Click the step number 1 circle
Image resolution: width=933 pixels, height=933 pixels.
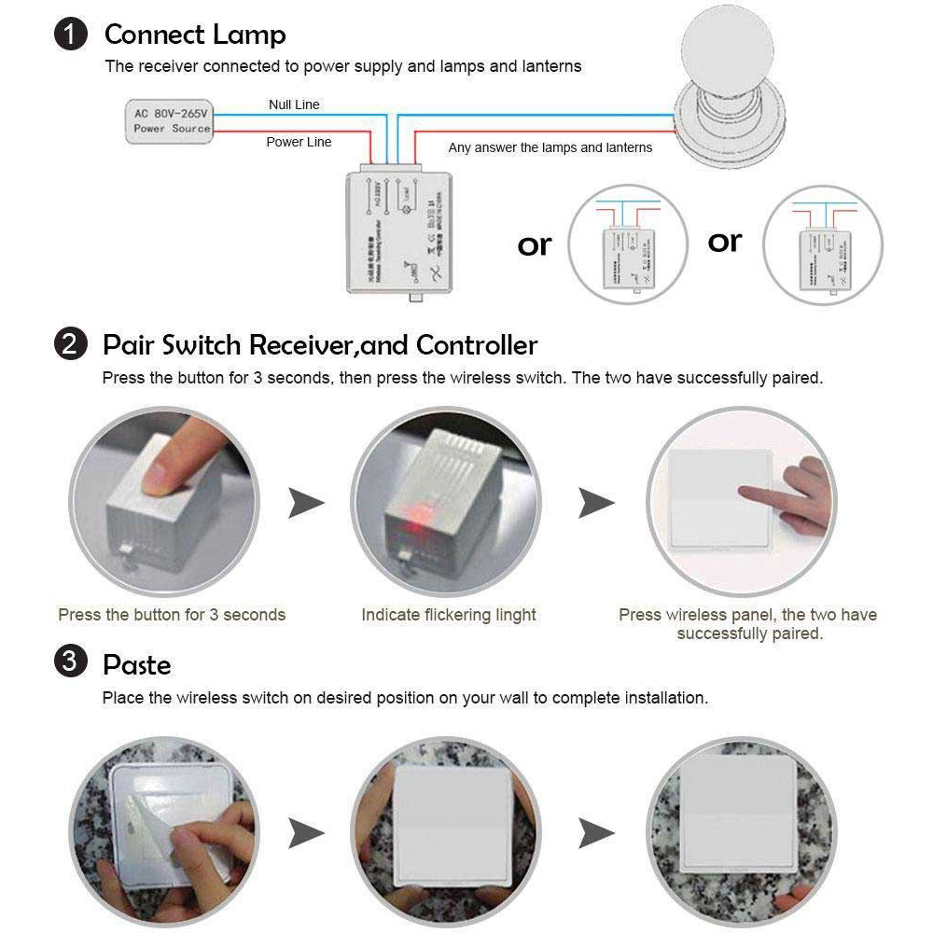click(x=71, y=35)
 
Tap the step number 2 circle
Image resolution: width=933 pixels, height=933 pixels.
click(x=71, y=345)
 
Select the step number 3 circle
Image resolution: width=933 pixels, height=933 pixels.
click(x=71, y=664)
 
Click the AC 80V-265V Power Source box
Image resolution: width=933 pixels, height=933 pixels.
click(x=171, y=121)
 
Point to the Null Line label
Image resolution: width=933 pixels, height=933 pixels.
click(x=294, y=104)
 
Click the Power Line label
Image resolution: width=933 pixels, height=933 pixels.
click(x=299, y=142)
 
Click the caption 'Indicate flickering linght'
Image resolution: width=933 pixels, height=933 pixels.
click(x=449, y=615)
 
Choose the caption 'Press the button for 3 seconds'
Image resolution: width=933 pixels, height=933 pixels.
click(x=172, y=615)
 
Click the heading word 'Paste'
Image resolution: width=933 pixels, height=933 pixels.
click(x=137, y=665)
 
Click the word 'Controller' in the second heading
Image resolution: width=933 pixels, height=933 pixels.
click(x=477, y=345)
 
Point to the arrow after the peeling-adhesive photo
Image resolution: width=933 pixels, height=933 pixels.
click(x=306, y=831)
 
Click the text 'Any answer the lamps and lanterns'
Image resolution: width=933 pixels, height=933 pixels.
click(x=550, y=147)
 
